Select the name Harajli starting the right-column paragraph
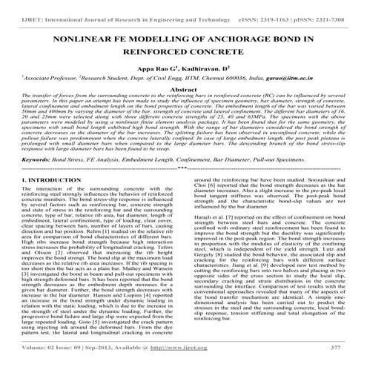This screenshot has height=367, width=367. (x=202, y=258)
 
